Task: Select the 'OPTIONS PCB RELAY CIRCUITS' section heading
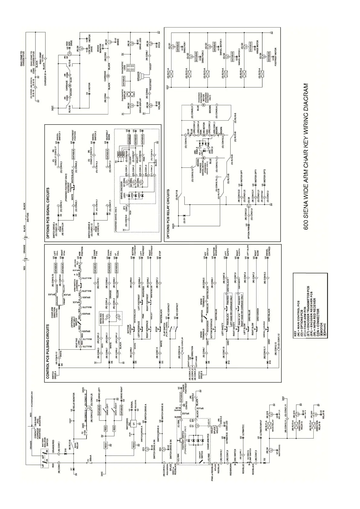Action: coord(168,215)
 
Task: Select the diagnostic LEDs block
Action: coord(131,67)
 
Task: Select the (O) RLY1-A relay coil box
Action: coord(170,73)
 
